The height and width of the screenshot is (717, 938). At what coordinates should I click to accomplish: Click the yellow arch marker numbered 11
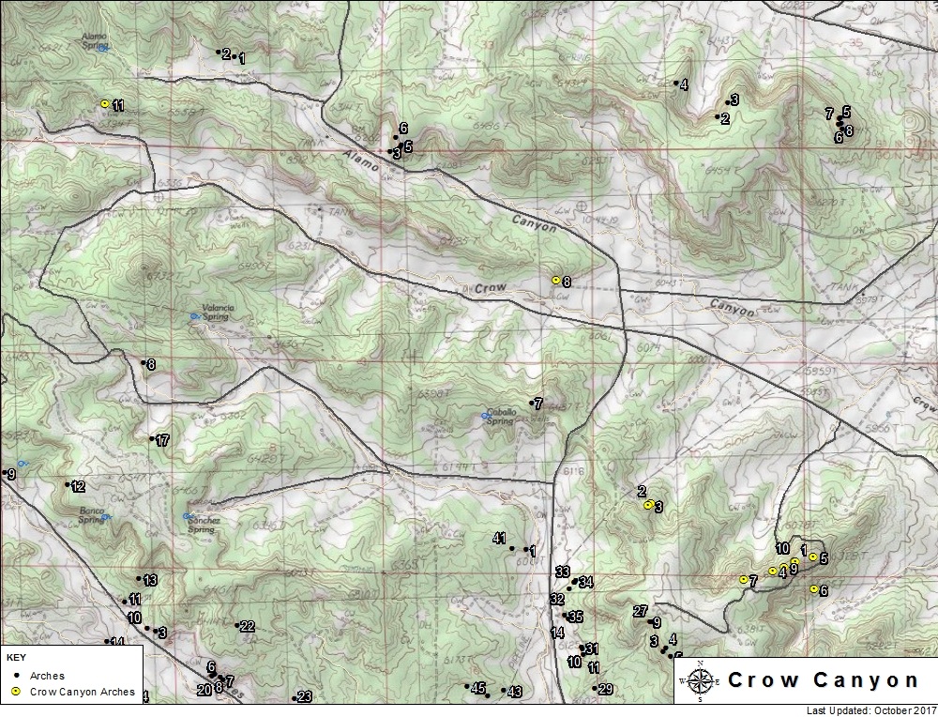pyautogui.click(x=104, y=104)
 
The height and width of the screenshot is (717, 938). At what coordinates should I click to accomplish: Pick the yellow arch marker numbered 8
pyautogui.click(x=555, y=280)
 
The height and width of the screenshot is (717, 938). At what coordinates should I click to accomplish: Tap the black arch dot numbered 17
pyautogui.click(x=152, y=438)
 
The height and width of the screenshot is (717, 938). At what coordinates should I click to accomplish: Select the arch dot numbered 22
pyautogui.click(x=236, y=626)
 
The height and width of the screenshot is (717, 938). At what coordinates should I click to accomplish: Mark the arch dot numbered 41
pyautogui.click(x=512, y=548)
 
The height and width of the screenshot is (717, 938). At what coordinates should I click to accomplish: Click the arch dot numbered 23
pyautogui.click(x=295, y=697)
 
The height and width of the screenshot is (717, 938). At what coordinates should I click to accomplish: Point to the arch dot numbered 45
pyautogui.click(x=467, y=687)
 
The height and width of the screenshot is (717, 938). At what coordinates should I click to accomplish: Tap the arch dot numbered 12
pyautogui.click(x=68, y=484)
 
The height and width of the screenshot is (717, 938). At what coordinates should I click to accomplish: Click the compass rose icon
pyautogui.click(x=699, y=680)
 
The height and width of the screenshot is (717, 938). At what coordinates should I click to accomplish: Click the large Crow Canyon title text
pyautogui.click(x=823, y=680)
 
